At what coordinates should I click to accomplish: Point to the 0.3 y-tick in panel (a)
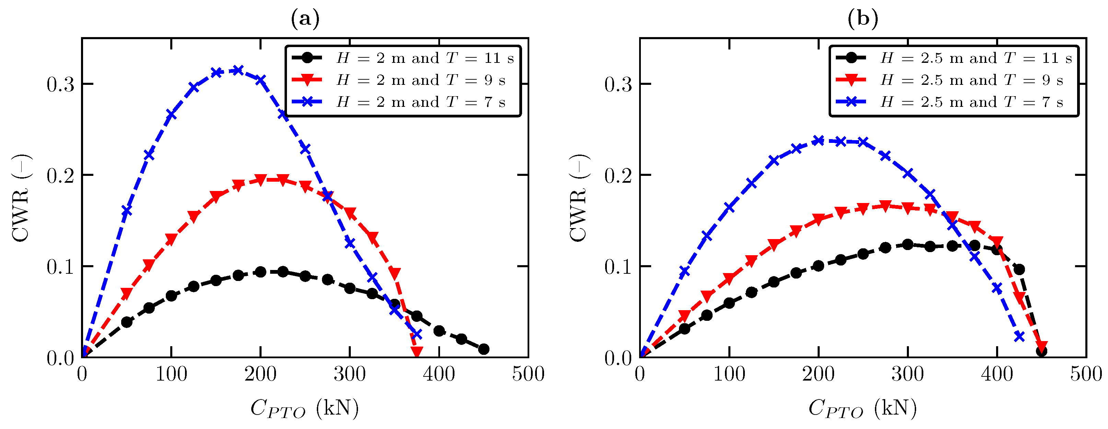click(x=60, y=85)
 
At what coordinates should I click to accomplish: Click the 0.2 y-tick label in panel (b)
click(x=618, y=176)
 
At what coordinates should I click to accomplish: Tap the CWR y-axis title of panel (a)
click(x=21, y=198)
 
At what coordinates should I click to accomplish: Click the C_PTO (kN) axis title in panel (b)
click(x=862, y=408)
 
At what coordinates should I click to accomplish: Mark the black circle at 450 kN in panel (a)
click(x=483, y=349)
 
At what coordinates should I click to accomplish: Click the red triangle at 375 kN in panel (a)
click(x=416, y=351)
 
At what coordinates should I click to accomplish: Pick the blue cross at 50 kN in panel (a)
click(x=126, y=211)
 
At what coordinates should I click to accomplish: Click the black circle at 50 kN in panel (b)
click(x=684, y=329)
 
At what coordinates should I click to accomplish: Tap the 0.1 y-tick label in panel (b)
click(x=618, y=267)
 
